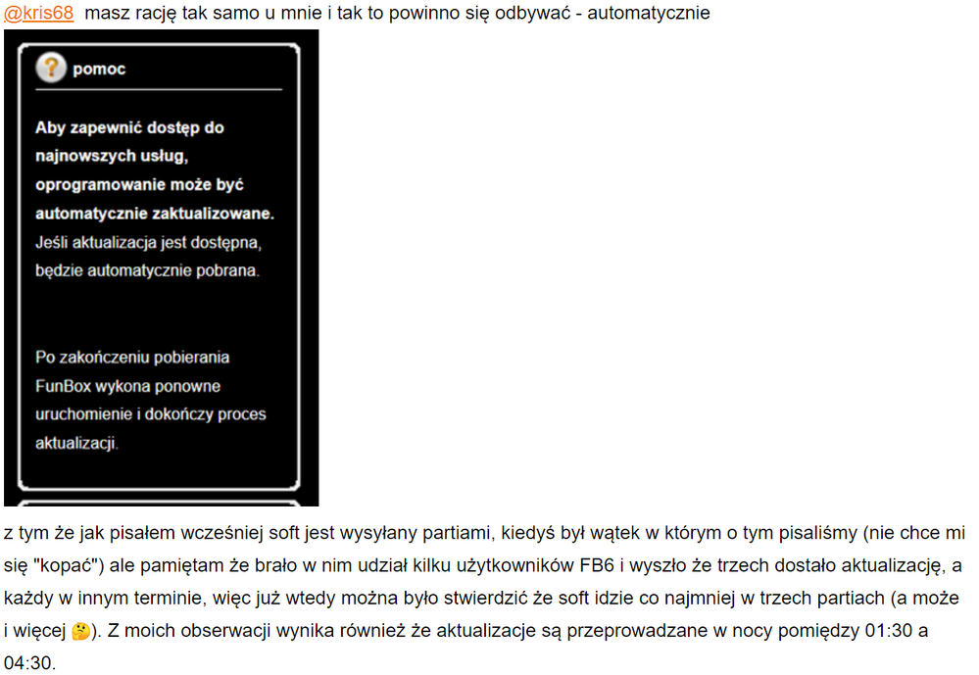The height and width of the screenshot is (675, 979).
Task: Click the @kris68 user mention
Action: (x=39, y=14)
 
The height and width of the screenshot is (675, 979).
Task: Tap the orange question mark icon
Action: (x=50, y=69)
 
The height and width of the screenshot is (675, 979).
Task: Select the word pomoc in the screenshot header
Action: (x=99, y=70)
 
